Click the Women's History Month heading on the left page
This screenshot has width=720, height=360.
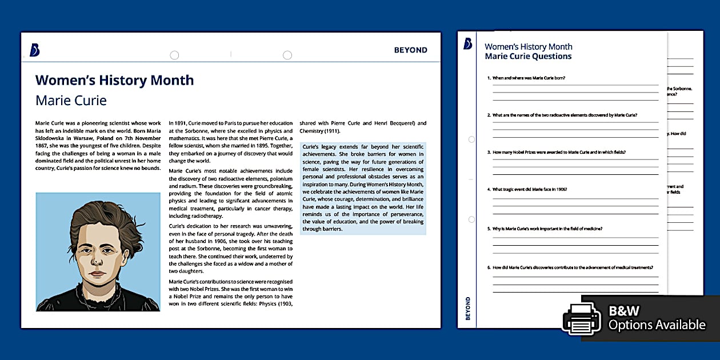[x=114, y=80]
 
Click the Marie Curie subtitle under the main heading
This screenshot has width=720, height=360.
[x=71, y=101]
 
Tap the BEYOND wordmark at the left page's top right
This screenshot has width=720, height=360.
[x=410, y=50]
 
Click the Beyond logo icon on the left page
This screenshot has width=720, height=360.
[x=34, y=50]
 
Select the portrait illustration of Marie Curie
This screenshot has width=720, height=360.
[x=98, y=252]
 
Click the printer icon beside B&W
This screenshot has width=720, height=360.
[x=582, y=318]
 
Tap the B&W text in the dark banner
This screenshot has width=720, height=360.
[x=624, y=311]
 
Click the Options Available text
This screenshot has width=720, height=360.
[x=657, y=325]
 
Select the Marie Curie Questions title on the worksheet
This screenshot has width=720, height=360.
[x=528, y=56]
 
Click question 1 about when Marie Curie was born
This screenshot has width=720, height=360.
[x=526, y=78]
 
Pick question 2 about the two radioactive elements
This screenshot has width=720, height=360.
[x=562, y=115]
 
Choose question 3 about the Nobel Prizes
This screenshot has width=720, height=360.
[x=556, y=152]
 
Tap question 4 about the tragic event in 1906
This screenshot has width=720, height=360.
[x=526, y=189]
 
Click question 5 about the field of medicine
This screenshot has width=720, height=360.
[x=544, y=229]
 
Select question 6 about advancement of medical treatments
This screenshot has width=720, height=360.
[x=570, y=267]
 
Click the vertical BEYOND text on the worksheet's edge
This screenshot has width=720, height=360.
[x=468, y=308]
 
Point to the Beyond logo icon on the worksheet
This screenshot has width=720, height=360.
[x=468, y=44]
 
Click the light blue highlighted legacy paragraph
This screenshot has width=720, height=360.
[x=363, y=187]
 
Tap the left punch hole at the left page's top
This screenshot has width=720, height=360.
[x=174, y=55]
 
